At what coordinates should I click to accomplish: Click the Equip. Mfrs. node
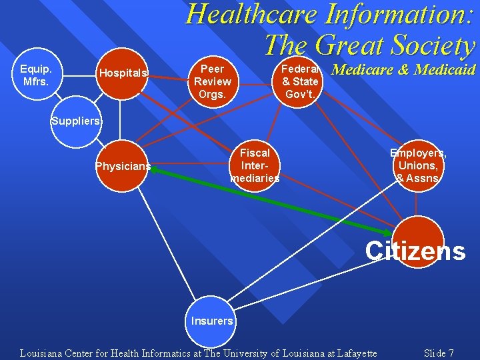tap(37, 74)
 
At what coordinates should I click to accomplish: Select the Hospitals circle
tap(123, 73)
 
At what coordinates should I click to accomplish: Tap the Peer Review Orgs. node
tap(212, 81)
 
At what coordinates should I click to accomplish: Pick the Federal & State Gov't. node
tap(300, 81)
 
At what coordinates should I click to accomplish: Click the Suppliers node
tap(77, 122)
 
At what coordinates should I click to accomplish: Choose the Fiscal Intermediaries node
tap(255, 165)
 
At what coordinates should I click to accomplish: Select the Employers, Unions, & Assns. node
tap(418, 165)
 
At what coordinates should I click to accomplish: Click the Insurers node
tap(212, 321)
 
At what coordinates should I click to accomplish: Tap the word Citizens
tap(415, 251)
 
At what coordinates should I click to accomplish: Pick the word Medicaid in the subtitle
tap(445, 69)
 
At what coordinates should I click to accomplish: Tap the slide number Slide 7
tap(439, 353)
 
